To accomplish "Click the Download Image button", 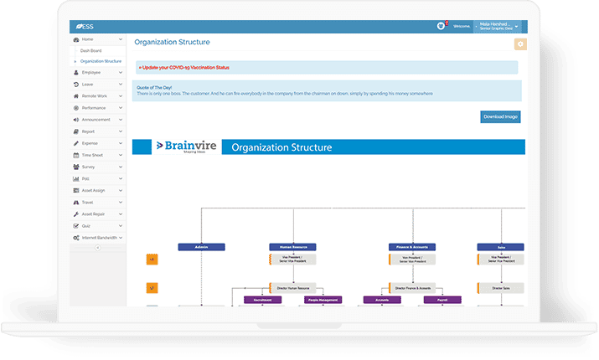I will coord(501,116).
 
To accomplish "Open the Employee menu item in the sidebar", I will coord(91,73).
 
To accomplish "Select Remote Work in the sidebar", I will coord(94,96).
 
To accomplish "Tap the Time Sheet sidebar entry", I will coord(93,155).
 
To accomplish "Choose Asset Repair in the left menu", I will coord(94,214).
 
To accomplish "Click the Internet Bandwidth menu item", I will coord(99,238).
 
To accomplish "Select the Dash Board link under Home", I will coord(90,50).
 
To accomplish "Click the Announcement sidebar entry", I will coord(96,120).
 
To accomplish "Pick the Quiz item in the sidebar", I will coord(86,226).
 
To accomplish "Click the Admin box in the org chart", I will coord(201,247).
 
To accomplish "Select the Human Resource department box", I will coord(292,247).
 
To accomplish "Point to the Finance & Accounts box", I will coord(411,247).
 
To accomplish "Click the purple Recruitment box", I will coord(262,299).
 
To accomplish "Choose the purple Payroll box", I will coord(442,299).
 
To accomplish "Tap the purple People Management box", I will coord(323,299).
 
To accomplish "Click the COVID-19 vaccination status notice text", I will coord(184,67).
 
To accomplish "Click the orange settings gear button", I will coord(520,44).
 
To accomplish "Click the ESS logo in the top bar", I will coord(84,26).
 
